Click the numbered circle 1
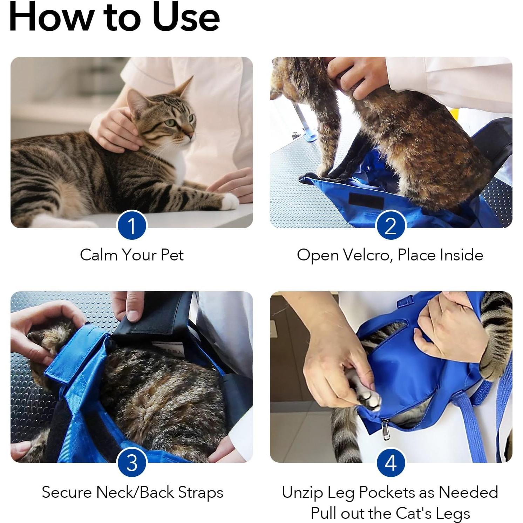click(131, 225)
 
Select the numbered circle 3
click(131, 463)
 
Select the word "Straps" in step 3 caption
click(201, 493)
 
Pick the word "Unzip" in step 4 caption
click(303, 493)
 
